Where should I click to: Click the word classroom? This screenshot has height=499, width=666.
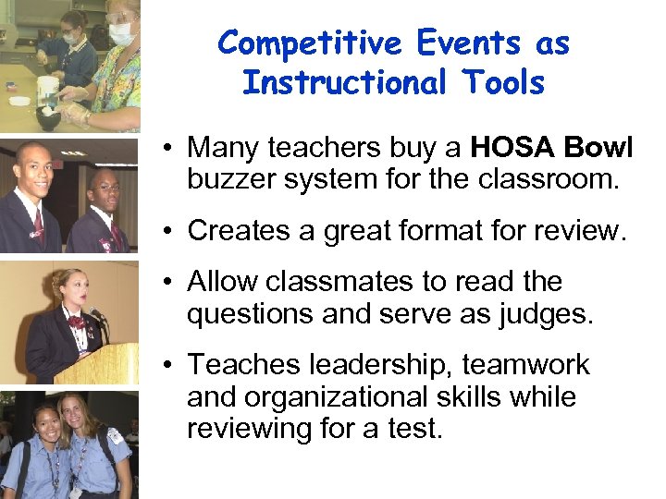(x=548, y=178)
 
